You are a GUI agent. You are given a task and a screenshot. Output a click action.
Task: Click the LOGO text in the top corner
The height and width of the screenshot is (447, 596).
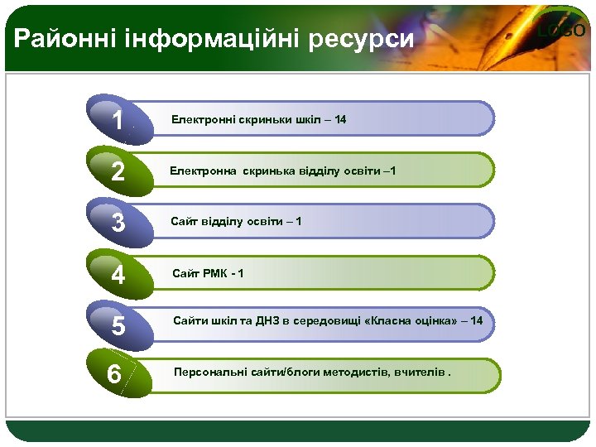[562, 31]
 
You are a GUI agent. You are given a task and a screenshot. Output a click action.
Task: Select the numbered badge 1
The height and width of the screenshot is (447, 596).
[119, 121]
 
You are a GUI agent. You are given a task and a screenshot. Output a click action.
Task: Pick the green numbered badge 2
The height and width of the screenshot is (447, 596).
[119, 172]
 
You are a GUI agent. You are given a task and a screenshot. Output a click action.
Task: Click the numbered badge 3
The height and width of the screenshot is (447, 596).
[119, 223]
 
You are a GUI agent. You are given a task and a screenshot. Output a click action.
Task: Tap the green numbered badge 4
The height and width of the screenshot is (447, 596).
[119, 275]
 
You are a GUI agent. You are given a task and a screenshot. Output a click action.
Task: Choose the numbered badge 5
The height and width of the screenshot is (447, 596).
[119, 326]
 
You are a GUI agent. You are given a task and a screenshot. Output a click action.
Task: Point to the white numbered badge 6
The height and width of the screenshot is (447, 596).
[116, 375]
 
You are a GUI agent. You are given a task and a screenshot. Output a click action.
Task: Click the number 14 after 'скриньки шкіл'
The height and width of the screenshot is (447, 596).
[340, 120]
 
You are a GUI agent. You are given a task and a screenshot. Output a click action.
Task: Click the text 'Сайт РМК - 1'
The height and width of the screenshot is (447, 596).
[208, 273]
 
